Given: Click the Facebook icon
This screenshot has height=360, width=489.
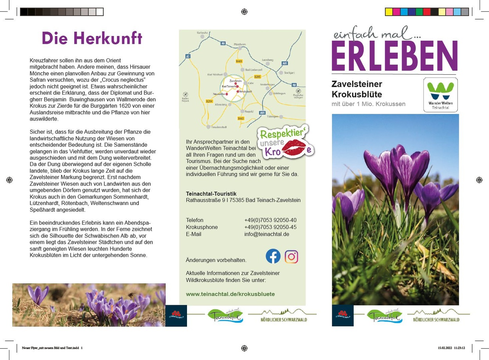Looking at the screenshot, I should click(273, 256).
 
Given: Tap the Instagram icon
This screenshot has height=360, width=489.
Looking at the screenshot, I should click(291, 257).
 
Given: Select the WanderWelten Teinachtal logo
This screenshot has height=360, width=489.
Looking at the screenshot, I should click(440, 94).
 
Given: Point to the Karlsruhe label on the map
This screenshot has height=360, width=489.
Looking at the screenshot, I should click(202, 32).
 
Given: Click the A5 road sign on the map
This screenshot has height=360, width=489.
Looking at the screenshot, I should click(188, 56).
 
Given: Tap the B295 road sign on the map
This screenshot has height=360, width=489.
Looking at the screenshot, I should click(257, 77).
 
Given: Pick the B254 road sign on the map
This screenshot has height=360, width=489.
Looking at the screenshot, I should click(209, 101).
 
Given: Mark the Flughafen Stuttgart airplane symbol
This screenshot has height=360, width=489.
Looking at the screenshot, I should click(298, 91).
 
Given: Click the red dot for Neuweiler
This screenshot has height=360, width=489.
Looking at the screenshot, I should click(227, 94).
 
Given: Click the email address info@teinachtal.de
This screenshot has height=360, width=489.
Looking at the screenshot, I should click(266, 234).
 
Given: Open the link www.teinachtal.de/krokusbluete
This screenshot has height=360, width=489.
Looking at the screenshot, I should click(230, 294).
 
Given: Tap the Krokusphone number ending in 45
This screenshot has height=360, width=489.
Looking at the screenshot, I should click(270, 227).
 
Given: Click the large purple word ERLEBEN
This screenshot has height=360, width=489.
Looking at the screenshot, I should click(394, 57).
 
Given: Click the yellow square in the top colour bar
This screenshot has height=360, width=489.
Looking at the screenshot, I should click(389, 12).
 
